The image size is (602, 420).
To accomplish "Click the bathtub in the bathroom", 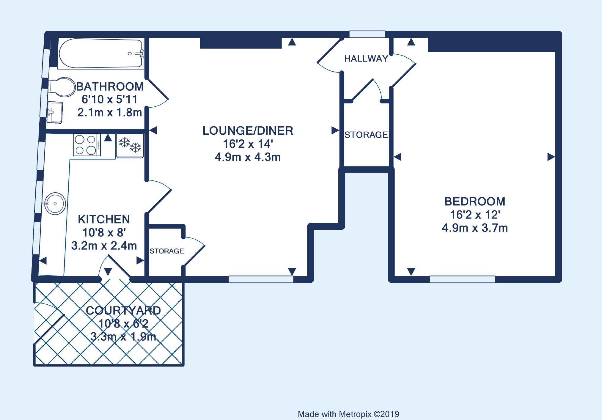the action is click(101, 54).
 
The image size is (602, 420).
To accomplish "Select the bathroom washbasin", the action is click(55, 112).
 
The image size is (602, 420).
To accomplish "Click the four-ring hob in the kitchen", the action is click(87, 145).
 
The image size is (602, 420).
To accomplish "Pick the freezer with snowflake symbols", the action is click(130, 145).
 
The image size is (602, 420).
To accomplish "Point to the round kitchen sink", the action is click(55, 204).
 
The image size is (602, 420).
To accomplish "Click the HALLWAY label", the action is click(366, 59).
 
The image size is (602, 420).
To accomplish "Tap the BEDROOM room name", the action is click(475, 202).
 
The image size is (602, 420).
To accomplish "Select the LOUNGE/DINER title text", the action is click(248, 131).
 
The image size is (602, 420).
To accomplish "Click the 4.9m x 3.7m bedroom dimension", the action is click(475, 228).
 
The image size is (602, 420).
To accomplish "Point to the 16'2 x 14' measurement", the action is click(248, 144).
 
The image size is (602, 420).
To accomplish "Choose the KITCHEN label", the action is click(104, 219).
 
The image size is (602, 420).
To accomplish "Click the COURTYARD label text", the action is click(123, 311).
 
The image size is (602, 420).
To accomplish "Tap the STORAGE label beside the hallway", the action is click(366, 135).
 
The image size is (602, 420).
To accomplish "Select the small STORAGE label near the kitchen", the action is click(167, 251).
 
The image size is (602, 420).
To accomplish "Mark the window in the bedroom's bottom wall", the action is click(463, 279).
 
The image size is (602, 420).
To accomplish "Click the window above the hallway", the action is click(367, 34).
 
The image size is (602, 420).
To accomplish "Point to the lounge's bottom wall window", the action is click(261, 279).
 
